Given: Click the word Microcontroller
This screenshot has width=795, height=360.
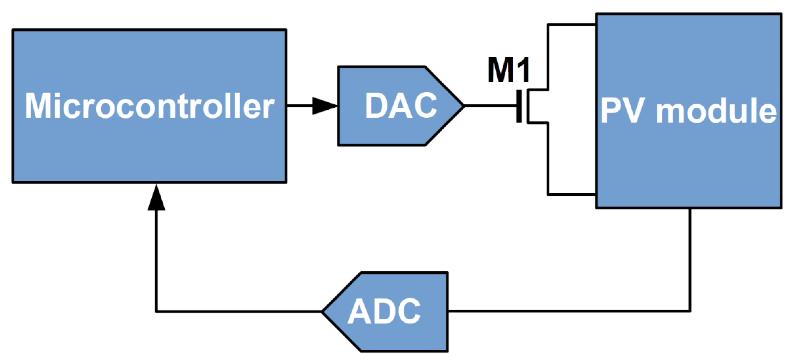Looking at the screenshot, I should tap(149, 106).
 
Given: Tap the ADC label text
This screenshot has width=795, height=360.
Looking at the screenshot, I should tap(384, 312).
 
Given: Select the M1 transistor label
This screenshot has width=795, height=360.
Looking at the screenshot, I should tap(509, 70).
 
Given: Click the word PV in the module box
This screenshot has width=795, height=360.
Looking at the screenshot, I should tap(622, 111).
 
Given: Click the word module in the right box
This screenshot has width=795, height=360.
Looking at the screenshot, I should tap(716, 111).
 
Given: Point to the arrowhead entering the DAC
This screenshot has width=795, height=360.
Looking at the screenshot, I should tap(324, 106).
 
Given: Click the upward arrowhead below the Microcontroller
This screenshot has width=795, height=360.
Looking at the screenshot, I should tap(156, 199).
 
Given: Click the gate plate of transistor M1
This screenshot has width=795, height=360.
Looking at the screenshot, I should tap(519, 106).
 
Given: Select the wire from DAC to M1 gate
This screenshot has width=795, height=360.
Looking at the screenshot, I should tap(491, 106).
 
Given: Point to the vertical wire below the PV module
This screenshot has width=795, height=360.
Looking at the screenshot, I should tap(690, 259).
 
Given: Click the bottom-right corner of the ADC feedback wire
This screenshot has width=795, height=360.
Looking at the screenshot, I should tap(690, 311).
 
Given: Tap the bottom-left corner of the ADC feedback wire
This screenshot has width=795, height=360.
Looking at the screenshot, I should tap(156, 312).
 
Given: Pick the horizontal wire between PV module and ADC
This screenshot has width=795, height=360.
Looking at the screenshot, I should tap(568, 311).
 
